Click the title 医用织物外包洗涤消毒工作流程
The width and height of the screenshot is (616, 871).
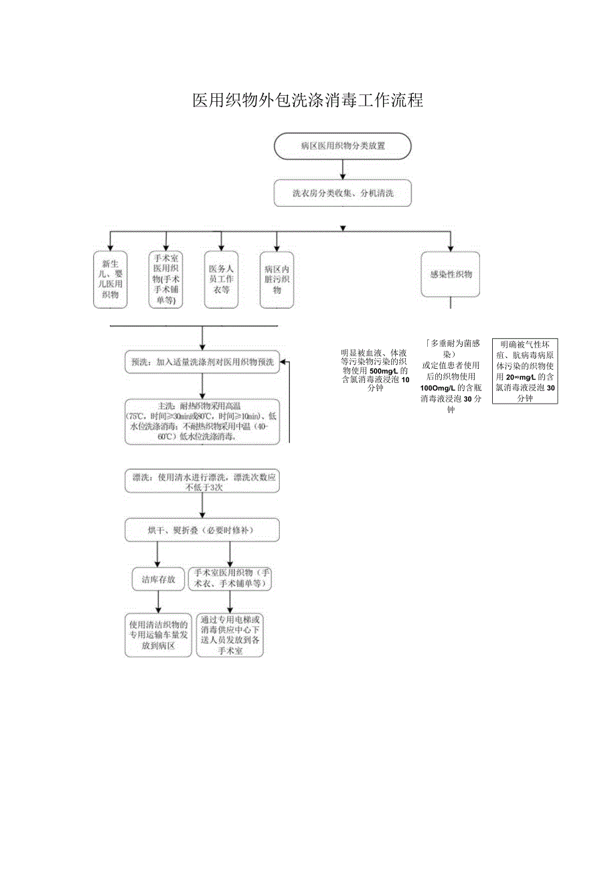307,100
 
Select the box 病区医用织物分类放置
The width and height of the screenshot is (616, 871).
342,145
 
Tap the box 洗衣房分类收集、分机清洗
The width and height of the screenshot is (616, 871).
342,193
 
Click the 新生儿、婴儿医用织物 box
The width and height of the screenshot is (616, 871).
110,280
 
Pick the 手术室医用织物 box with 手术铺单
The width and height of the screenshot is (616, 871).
166,280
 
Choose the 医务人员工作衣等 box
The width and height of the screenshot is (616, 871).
221,280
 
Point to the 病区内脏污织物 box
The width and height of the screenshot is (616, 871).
277,280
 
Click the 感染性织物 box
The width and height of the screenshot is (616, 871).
450,274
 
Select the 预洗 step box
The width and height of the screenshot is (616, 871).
202,362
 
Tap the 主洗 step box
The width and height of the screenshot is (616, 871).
202,422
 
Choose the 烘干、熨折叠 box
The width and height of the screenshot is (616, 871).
202,530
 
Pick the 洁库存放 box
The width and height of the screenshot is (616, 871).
158,580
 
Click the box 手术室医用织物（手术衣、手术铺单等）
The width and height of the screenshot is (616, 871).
230,578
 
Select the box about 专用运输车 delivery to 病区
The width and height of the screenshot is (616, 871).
158,635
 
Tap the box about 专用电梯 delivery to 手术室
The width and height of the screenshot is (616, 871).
230,635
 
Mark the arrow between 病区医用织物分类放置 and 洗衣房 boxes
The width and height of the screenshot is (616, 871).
342,169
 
